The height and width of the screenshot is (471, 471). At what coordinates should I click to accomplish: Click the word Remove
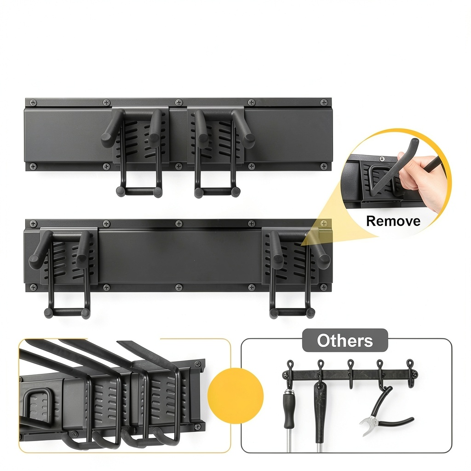click(393, 221)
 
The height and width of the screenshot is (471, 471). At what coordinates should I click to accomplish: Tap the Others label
click(345, 341)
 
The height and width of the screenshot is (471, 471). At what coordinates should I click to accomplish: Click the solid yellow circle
click(235, 396)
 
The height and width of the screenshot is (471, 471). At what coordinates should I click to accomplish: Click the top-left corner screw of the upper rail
click(33, 103)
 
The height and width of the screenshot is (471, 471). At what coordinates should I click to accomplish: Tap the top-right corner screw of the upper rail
click(324, 103)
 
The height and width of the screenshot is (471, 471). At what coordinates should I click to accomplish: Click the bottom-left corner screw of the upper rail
click(33, 166)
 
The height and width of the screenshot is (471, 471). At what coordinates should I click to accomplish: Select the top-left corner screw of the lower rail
click(33, 224)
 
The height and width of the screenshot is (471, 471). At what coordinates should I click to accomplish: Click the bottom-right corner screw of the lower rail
click(324, 287)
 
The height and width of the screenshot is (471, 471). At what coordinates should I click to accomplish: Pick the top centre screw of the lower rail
click(179, 224)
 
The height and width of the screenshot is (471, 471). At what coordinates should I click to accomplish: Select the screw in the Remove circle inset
click(382, 159)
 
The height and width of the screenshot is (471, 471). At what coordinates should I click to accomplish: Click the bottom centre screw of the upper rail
click(179, 166)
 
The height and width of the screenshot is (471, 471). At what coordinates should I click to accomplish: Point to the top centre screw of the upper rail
click(179, 103)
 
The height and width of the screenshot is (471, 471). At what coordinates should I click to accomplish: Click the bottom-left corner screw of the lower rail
click(33, 287)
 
